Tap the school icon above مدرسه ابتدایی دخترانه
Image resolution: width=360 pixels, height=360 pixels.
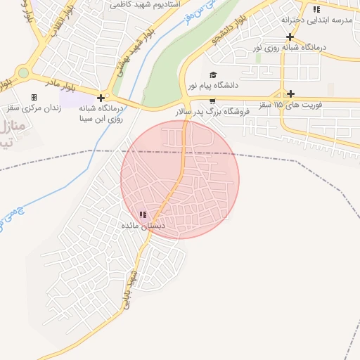(x=316, y=9)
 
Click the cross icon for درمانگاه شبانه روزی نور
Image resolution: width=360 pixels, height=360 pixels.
(x=290, y=37)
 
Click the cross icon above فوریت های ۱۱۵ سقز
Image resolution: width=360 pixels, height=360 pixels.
(x=290, y=94)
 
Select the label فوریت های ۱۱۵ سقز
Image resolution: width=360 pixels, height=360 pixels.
(x=290, y=104)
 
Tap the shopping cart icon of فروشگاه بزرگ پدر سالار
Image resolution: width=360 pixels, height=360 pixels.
(x=212, y=101)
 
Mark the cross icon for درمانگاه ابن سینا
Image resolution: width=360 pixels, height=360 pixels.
(x=102, y=98)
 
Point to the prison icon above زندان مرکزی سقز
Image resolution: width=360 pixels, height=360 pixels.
(x=33, y=97)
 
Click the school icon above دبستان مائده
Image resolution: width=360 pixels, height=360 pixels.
(x=143, y=215)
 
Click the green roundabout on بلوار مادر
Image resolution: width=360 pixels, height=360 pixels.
(x=23, y=72)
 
